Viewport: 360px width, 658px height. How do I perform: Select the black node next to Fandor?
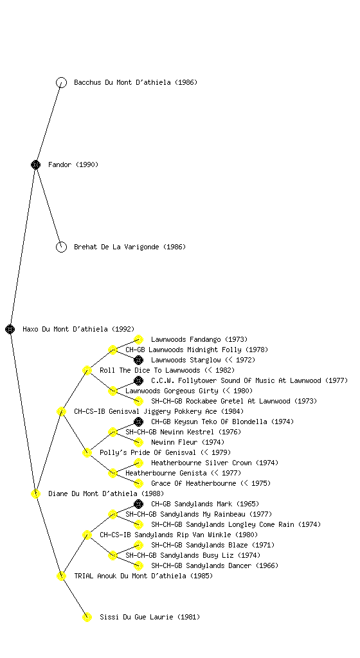click(35, 164)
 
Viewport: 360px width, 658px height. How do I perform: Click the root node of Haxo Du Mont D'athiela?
click(10, 329)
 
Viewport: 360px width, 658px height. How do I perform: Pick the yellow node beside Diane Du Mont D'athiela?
click(35, 493)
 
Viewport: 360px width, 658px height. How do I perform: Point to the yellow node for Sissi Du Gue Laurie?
click(87, 617)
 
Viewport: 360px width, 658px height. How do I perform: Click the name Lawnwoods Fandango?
click(186, 339)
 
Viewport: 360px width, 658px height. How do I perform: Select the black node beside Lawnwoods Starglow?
click(138, 360)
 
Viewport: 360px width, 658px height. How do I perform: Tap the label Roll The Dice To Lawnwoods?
click(150, 370)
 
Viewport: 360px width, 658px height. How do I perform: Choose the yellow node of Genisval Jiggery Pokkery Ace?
click(61, 411)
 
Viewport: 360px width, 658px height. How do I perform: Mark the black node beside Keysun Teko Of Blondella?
click(138, 422)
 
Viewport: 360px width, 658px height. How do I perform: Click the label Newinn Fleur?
click(174, 442)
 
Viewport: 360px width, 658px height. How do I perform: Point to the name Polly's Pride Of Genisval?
click(148, 452)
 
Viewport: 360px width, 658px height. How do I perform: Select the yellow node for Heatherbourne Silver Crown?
click(138, 463)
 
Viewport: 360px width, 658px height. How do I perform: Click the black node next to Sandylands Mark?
click(138, 504)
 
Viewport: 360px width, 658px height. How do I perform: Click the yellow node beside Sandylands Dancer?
click(138, 565)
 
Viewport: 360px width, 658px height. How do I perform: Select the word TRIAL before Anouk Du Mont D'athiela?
click(84, 576)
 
